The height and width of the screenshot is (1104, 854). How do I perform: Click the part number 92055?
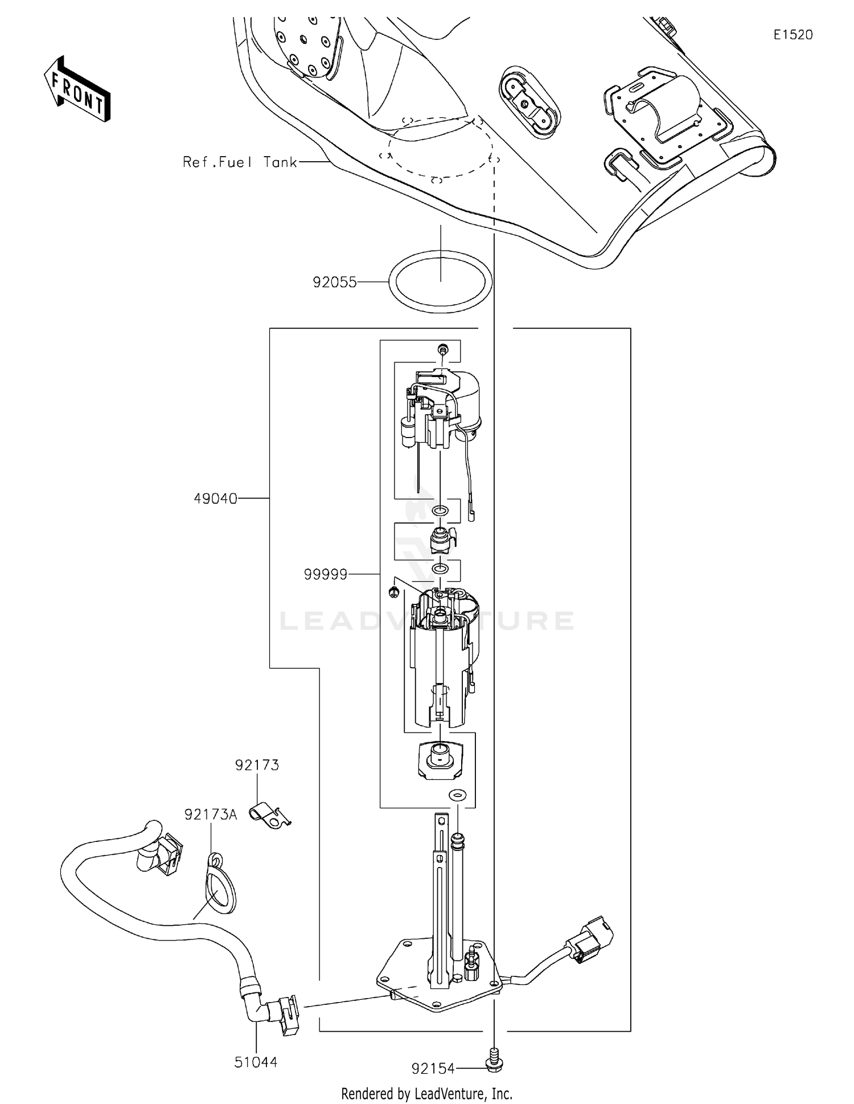click(334, 282)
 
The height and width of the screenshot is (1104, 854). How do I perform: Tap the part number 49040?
click(215, 498)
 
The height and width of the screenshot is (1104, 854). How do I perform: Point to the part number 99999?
click(325, 575)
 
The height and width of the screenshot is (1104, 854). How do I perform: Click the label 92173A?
click(210, 815)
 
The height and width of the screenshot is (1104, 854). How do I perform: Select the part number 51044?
click(256, 1062)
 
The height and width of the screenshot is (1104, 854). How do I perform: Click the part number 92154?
click(433, 1069)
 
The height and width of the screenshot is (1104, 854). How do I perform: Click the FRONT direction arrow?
click(77, 89)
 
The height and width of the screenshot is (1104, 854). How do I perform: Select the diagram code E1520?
click(793, 35)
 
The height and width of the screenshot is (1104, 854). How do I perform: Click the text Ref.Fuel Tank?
click(240, 162)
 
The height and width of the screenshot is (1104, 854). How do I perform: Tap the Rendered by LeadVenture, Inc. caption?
click(426, 1094)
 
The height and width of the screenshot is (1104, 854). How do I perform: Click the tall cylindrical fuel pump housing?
click(440, 661)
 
